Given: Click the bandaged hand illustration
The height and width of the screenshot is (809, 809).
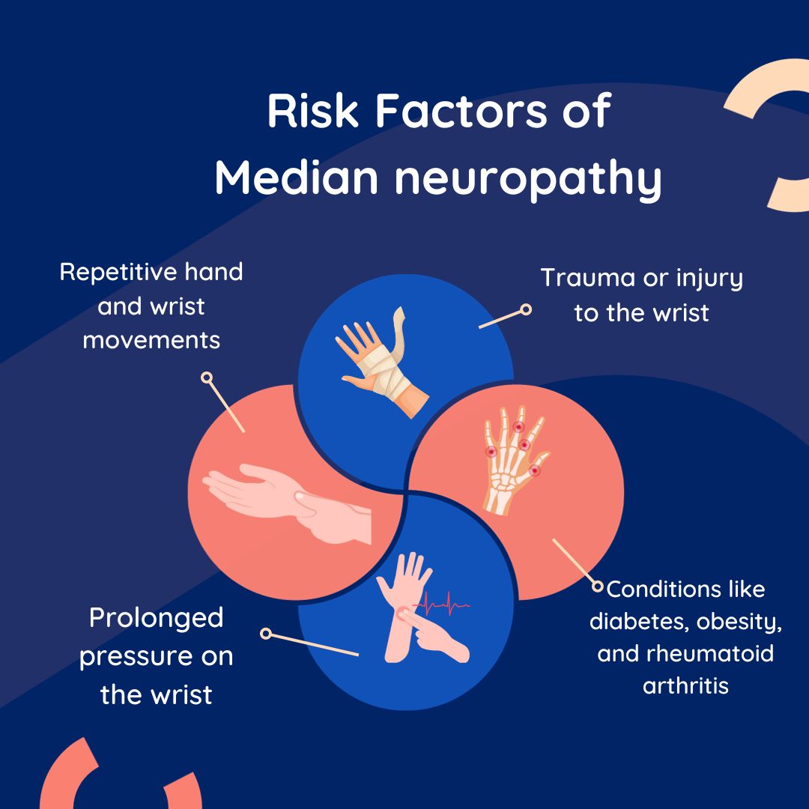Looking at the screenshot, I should [x=382, y=360].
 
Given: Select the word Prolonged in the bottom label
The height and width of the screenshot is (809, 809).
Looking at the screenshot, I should [x=156, y=619].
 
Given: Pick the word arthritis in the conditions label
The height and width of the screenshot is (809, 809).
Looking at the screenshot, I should [x=685, y=685].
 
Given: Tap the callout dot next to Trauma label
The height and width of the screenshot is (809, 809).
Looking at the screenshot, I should [x=526, y=309].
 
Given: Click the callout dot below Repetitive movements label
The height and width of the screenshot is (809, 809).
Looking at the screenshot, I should [x=207, y=378].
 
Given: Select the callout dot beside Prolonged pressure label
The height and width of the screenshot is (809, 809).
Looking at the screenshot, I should [x=265, y=634].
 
